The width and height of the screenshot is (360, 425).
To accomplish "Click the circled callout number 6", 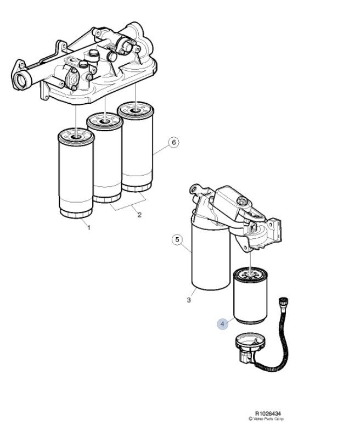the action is click(x=173, y=142).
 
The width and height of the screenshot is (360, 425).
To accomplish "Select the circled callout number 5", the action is click(x=177, y=239).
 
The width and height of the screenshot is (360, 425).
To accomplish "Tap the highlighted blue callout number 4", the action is click(x=222, y=323).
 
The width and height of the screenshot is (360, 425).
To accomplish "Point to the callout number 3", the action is click(x=189, y=300).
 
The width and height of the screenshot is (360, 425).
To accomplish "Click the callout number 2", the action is click(x=139, y=215).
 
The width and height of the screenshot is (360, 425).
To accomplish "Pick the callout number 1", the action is click(x=89, y=228).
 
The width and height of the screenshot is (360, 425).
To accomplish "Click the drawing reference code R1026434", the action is click(x=268, y=413).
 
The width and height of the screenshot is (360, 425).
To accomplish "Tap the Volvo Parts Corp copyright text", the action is click(x=266, y=419).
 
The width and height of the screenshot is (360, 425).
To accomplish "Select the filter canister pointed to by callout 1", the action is click(x=76, y=173).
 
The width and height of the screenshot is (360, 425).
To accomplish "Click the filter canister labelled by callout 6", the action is click(x=136, y=147).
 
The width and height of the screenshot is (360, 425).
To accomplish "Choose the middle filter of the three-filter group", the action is click(x=105, y=158).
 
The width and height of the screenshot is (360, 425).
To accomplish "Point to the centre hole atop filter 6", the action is click(x=135, y=110).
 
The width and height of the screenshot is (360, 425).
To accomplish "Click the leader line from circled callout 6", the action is click(x=161, y=150).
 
